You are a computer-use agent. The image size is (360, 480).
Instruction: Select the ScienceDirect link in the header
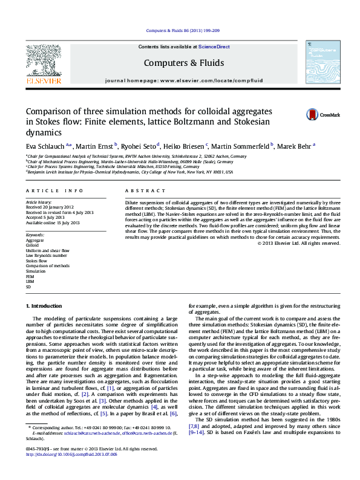214,47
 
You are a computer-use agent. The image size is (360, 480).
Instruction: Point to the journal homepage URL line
180,80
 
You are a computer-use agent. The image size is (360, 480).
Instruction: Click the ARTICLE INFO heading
46,190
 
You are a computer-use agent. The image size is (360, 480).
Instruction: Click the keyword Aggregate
34,240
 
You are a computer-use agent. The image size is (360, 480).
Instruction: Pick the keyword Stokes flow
36,261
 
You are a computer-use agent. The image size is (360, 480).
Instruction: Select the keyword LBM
30,281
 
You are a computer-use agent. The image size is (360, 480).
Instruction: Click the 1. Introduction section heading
46,307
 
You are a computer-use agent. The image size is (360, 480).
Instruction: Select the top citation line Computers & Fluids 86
180,31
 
